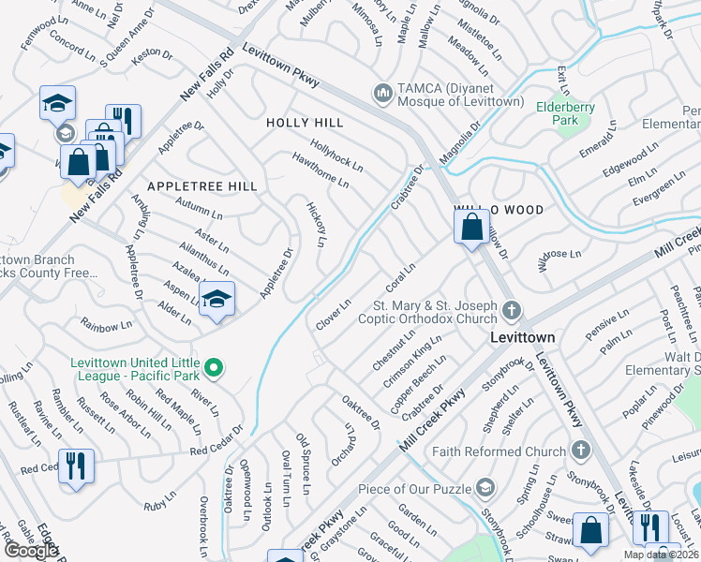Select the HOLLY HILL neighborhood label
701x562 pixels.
(x=305, y=123)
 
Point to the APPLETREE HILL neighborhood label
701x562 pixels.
(x=202, y=187)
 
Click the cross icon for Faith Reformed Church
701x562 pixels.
(x=580, y=451)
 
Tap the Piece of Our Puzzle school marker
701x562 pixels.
(x=485, y=487)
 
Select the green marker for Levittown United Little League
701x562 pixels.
(x=214, y=368)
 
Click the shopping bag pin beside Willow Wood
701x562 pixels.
(x=471, y=227)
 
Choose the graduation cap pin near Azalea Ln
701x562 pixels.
(x=216, y=299)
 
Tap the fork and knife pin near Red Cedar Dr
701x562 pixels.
(x=76, y=466)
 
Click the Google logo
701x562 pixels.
(x=31, y=551)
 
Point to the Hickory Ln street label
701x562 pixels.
(x=317, y=224)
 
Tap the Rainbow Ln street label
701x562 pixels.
(x=106, y=327)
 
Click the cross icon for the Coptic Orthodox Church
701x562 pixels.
(x=511, y=309)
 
